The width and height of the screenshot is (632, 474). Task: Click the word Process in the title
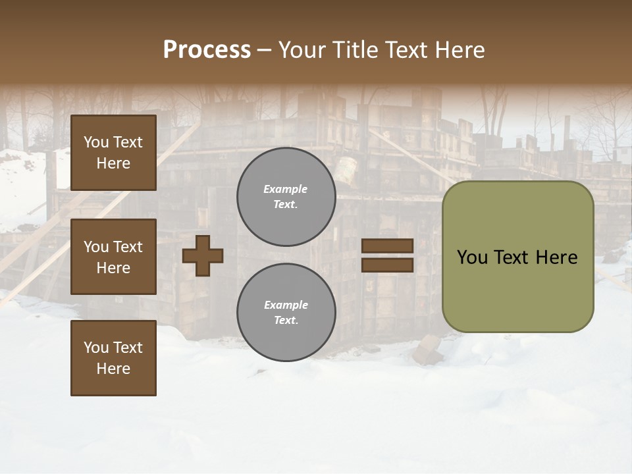coord(207,50)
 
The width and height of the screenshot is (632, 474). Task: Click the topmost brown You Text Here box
coord(113,153)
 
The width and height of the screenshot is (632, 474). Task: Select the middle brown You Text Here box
coord(113,257)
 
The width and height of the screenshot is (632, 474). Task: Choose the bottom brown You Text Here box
coord(113,358)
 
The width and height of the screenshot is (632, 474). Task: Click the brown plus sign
coord(203,255)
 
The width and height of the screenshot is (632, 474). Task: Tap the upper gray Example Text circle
coord(286,197)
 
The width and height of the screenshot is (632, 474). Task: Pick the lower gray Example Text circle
coord(286,313)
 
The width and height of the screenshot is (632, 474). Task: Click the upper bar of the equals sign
coord(387,246)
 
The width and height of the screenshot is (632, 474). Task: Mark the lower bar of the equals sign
coord(387,265)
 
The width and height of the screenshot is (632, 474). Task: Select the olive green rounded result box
coord(517,290)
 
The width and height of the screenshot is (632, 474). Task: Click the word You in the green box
coord(472,257)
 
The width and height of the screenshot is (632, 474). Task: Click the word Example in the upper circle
coord(286,189)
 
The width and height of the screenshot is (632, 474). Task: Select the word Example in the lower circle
coord(286,305)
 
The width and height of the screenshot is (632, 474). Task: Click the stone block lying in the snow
coord(428,350)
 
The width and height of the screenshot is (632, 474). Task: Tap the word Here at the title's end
coord(461,50)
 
